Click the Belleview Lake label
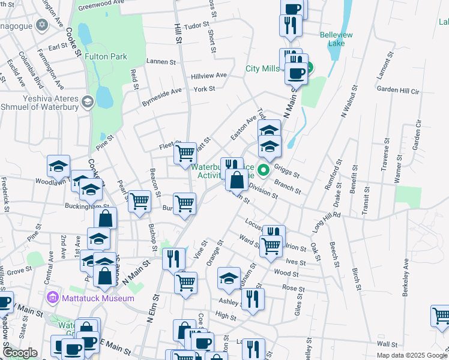[x=336, y=40]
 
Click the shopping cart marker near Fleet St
[x=185, y=152]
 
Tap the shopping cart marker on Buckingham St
[x=139, y=201]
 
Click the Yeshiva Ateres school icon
[x=88, y=101]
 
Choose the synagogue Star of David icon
[x=41, y=25]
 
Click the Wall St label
[x=388, y=344]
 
